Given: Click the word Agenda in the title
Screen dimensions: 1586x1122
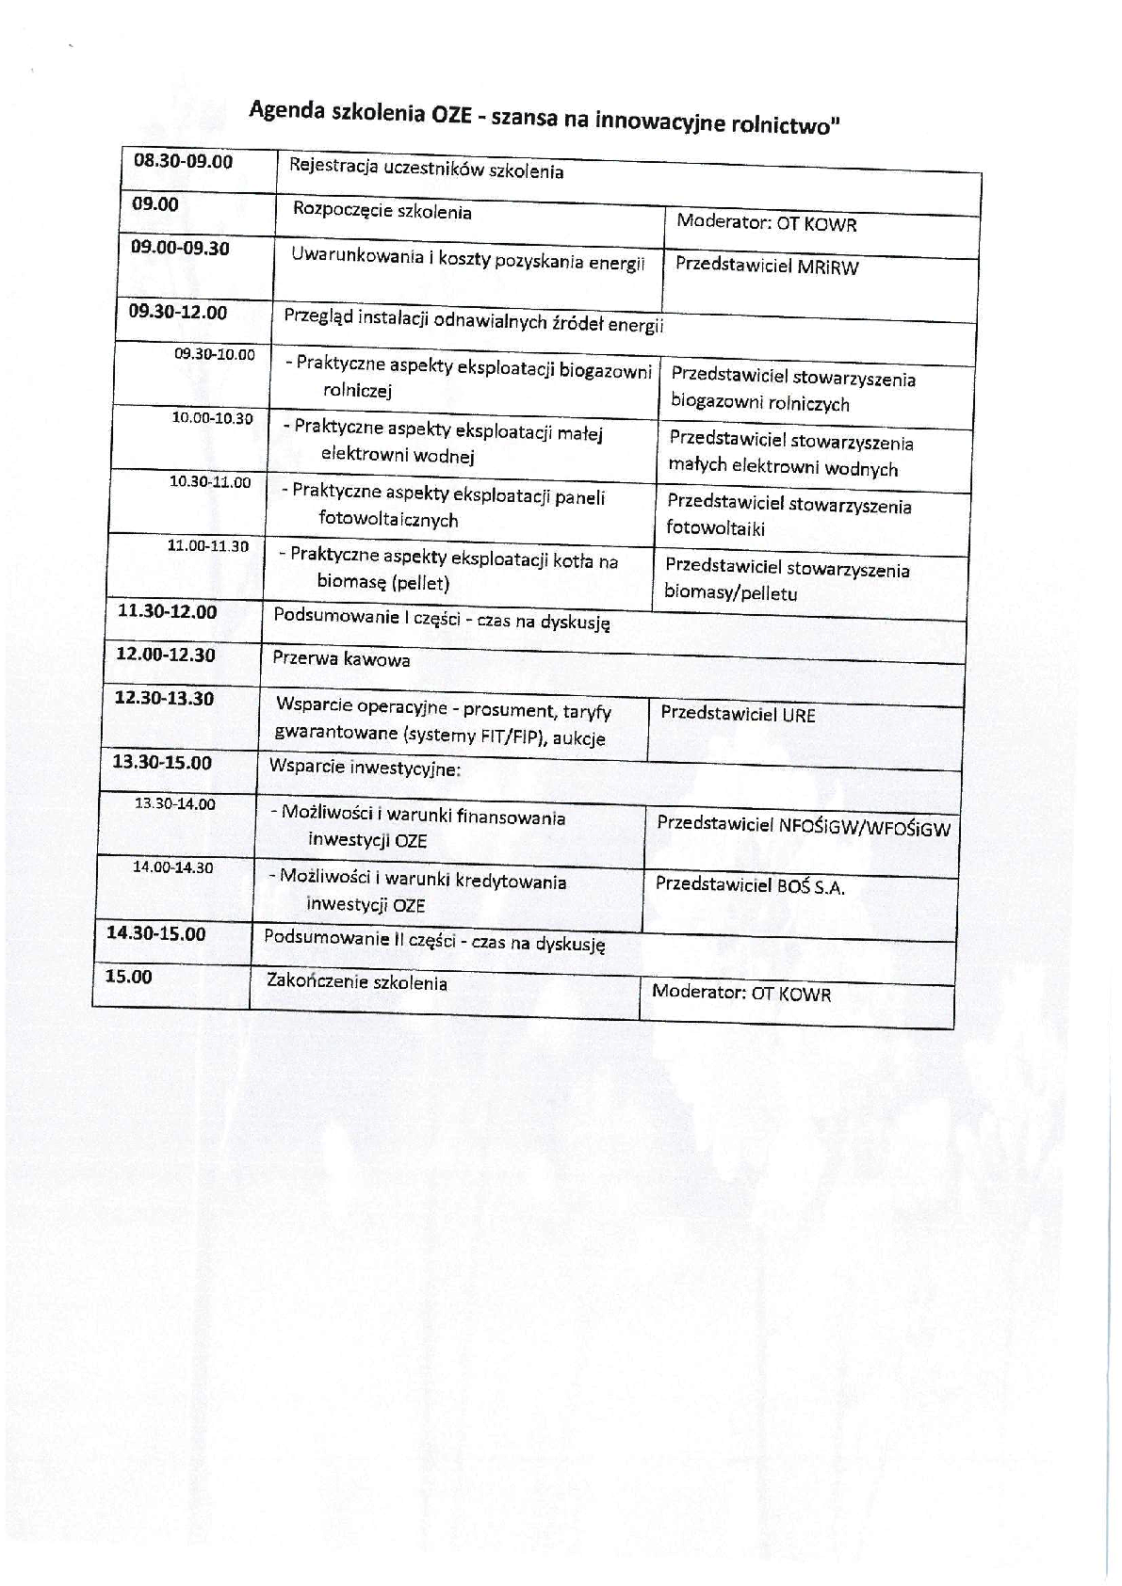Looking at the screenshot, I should pos(287,109).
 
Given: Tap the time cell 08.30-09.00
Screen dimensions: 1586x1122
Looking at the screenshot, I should pos(184,161).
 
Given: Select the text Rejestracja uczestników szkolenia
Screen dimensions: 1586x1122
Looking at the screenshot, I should pos(426,170).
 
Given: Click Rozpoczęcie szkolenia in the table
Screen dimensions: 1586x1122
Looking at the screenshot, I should pos(382,211).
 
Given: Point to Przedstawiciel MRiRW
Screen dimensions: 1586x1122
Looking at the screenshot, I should pos(767,266).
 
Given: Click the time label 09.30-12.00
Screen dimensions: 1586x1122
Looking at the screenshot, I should pos(178,312).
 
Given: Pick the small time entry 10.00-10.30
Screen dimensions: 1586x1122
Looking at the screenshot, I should pos(212,418).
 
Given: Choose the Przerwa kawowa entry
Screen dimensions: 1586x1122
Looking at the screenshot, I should pos(341,659).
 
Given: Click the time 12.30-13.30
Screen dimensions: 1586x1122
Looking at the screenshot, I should pos(164,699).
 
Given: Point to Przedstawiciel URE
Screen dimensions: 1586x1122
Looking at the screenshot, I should pos(738,713).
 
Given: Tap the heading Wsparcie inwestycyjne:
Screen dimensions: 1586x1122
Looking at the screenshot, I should pos(365,768).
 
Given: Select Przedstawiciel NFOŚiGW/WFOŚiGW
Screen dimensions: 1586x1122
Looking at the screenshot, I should pos(803,827).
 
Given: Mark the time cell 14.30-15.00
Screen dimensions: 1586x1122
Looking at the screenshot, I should pos(155,933).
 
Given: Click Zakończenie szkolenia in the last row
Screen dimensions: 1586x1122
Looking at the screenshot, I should pos(357,982).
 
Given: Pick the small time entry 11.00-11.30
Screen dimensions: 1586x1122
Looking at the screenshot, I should pos(208,545).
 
